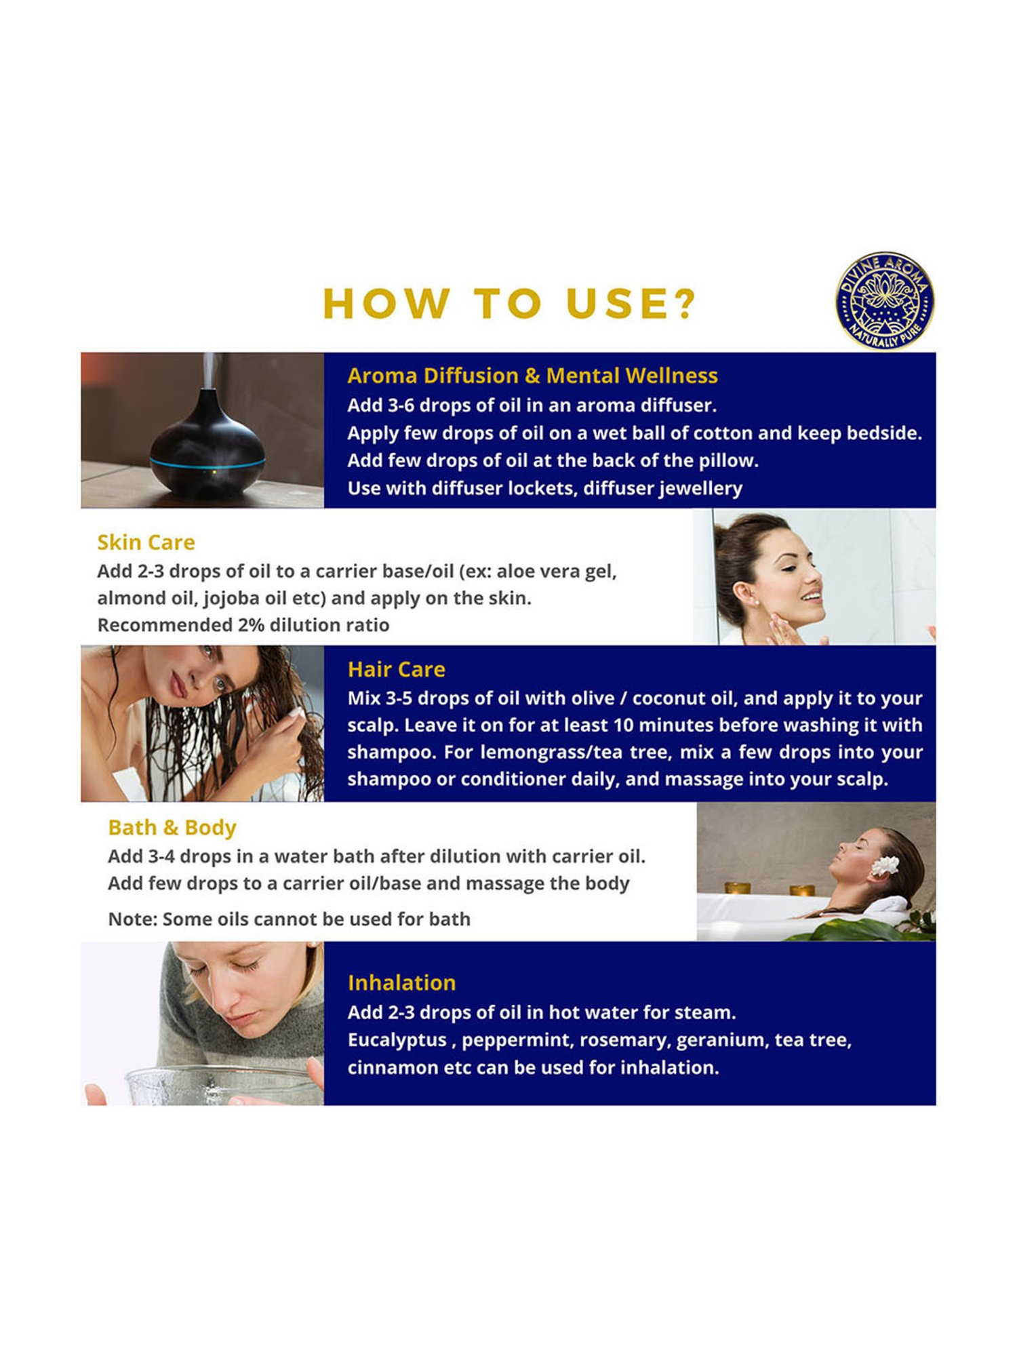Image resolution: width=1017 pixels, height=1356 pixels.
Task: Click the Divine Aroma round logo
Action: (x=884, y=301)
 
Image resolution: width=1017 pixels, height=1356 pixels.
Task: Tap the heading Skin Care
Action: (x=146, y=542)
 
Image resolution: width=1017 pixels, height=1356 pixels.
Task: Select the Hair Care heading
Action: (x=396, y=669)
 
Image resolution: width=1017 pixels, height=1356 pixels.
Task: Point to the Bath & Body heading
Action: (x=172, y=828)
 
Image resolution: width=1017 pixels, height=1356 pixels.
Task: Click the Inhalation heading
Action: (x=401, y=982)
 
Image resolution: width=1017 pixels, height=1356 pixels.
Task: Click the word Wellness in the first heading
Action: (x=671, y=376)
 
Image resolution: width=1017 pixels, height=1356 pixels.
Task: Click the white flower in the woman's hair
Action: (x=885, y=865)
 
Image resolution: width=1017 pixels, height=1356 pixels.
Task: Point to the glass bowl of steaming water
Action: (x=224, y=1085)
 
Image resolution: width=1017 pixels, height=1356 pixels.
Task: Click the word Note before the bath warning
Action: (x=132, y=919)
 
